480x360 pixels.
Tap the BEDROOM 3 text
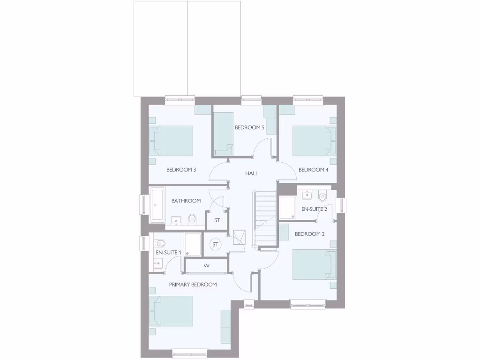(181, 170)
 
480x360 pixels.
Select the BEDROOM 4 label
(313, 170)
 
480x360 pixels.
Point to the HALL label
(252, 173)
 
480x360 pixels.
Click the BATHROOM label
(186, 201)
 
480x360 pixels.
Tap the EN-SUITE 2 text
(314, 209)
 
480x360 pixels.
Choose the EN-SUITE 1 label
(168, 253)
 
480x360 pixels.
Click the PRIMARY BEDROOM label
(193, 285)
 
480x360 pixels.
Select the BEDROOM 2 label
(309, 234)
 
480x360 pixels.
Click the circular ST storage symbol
(216, 244)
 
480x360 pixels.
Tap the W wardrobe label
(206, 266)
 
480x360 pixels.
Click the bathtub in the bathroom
(157, 205)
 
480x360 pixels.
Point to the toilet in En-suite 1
(159, 243)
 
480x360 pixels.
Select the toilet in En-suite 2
(322, 196)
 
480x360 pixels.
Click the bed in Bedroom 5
(223, 134)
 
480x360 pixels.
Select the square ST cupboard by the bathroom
(217, 220)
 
